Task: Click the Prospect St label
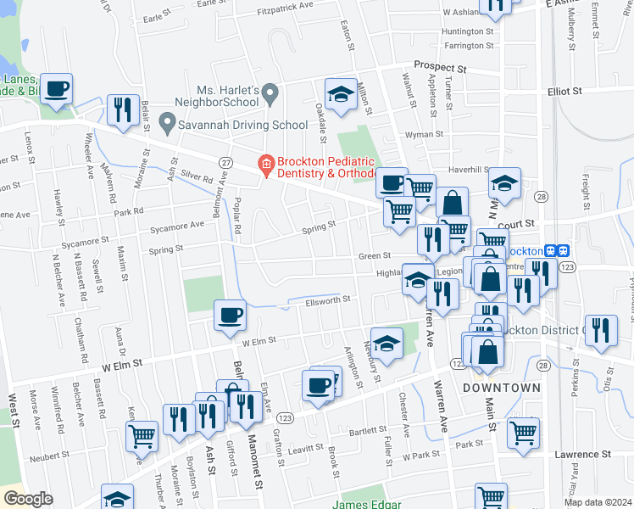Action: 440,65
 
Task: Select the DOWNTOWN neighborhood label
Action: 501,388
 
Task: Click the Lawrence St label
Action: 583,455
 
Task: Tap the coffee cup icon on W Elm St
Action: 230,315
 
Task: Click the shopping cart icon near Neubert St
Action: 142,435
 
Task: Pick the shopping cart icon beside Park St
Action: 523,431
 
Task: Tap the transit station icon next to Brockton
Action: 557,251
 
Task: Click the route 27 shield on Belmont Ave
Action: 225,162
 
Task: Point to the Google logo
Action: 28,499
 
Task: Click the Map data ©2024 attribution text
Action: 597,502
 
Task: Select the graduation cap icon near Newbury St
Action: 387,343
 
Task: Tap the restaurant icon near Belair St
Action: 124,109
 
